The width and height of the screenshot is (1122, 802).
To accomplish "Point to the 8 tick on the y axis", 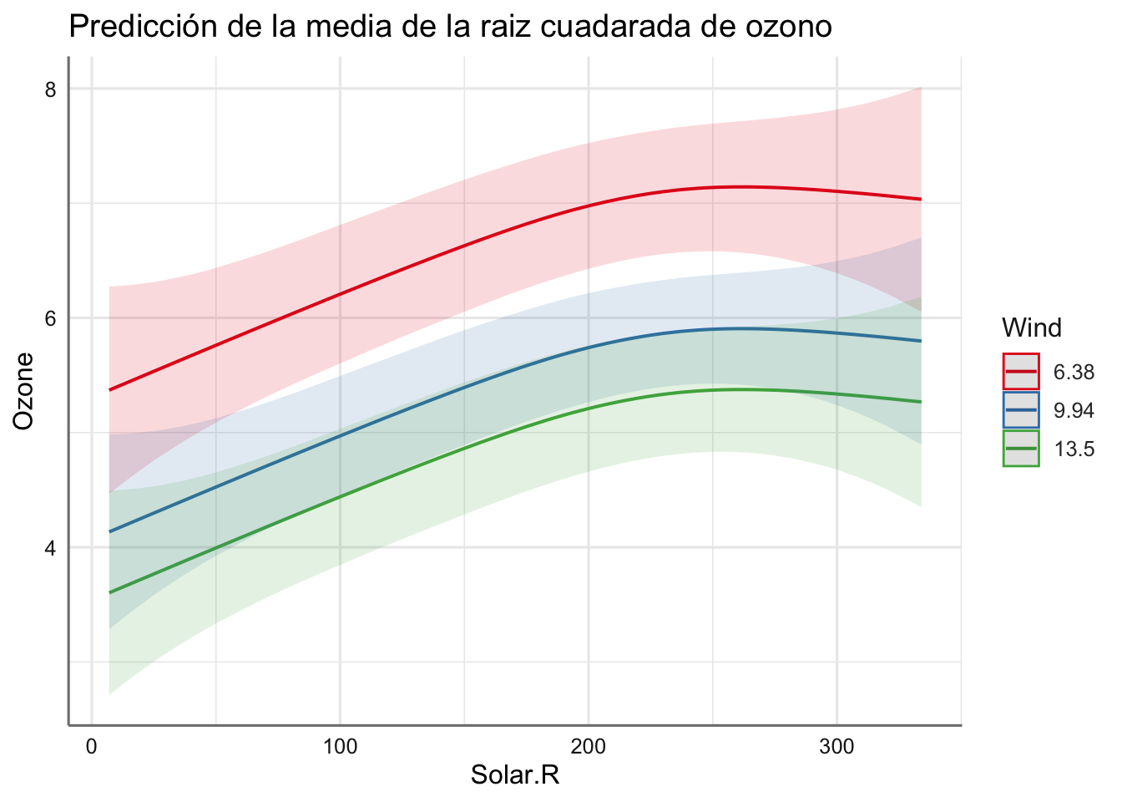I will [x=50, y=89].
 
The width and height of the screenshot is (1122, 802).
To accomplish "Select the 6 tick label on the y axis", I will [x=50, y=318].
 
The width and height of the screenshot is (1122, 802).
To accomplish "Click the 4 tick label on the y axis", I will [x=50, y=548].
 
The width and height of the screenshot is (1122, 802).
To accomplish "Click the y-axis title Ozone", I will [x=25, y=391].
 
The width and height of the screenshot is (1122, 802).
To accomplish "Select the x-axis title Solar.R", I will [x=514, y=776].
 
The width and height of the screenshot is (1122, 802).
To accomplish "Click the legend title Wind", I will [x=1032, y=328].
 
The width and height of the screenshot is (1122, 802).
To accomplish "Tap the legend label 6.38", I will [x=1074, y=373].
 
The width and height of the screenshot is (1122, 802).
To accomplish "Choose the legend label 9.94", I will [x=1074, y=411].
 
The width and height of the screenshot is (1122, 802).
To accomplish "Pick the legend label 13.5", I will [x=1074, y=449].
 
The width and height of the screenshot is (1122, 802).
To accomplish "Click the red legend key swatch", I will [x=1021, y=373].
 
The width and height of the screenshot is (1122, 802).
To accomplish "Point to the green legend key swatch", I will [x=1021, y=449].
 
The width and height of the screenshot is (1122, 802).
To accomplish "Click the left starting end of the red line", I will [x=110, y=390].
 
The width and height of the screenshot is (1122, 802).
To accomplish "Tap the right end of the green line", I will [x=920, y=402].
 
